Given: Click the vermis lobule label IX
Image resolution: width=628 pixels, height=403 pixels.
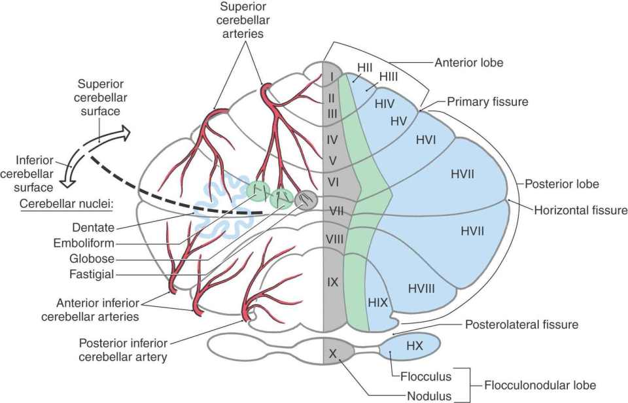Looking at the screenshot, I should (332, 283).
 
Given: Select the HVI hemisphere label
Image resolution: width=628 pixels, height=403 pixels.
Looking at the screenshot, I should (425, 139).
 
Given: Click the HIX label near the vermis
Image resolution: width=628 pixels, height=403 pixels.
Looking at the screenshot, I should (378, 302).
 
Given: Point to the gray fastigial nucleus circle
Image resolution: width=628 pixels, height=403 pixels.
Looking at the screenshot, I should (305, 199).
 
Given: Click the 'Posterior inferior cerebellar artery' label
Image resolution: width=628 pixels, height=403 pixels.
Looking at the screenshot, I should (122, 350).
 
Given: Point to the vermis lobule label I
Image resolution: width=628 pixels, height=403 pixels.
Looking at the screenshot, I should (332, 77).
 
